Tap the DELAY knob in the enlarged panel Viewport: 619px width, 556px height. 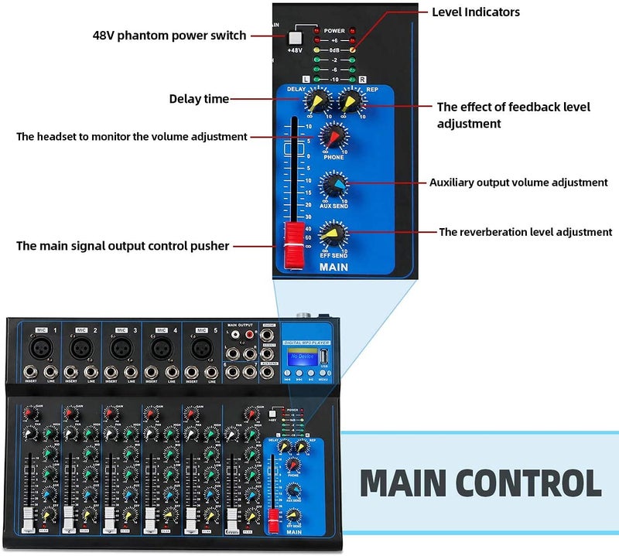(x=316, y=102)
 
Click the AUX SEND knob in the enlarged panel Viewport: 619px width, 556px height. (x=334, y=185)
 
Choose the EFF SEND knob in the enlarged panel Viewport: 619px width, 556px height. (x=334, y=231)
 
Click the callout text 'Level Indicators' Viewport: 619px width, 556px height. (x=476, y=12)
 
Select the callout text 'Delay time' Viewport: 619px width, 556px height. (x=199, y=99)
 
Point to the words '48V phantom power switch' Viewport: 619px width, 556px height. (x=169, y=36)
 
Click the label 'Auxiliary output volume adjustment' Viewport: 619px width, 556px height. (x=518, y=183)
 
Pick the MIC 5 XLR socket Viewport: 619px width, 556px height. (x=200, y=348)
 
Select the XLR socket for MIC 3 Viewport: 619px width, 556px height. (x=120, y=348)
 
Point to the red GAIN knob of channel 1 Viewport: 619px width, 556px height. (x=29, y=413)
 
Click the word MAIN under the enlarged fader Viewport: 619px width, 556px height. (x=334, y=268)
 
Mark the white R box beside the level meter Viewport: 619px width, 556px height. (x=363, y=79)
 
